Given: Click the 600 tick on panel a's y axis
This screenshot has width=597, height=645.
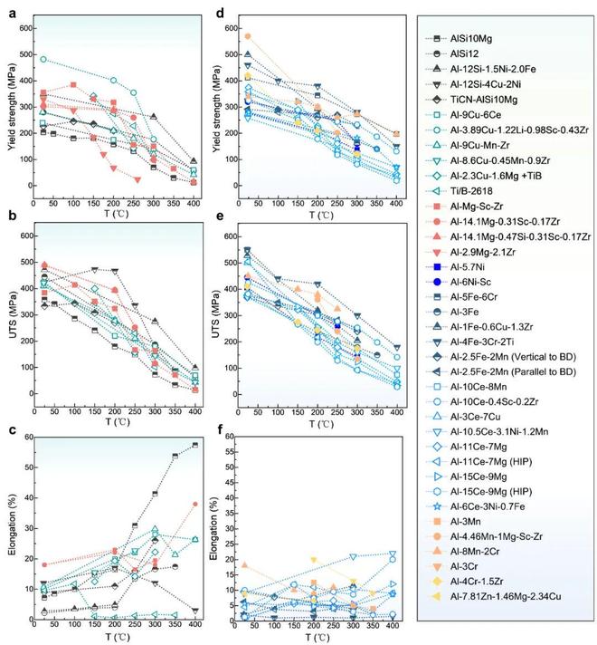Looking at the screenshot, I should coord(29,29).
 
